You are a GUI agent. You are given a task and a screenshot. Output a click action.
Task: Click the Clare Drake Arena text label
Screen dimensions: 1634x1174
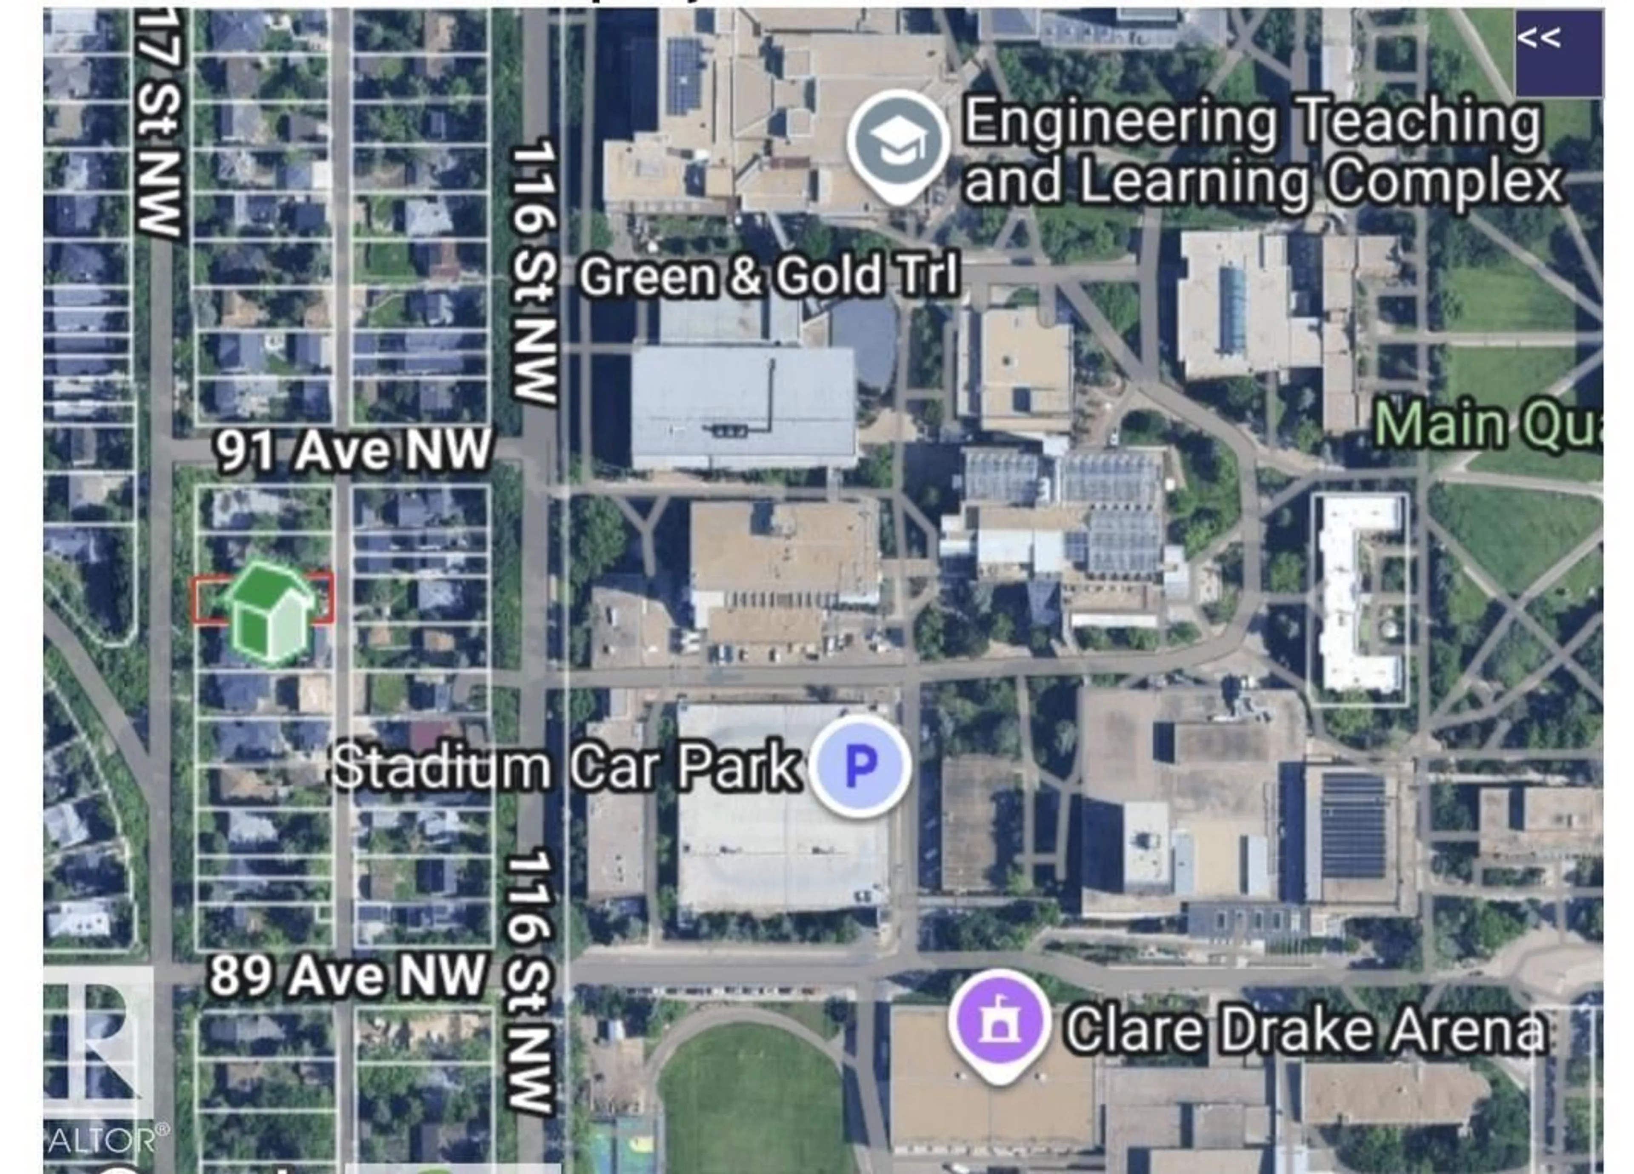pyautogui.click(x=1305, y=1029)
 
